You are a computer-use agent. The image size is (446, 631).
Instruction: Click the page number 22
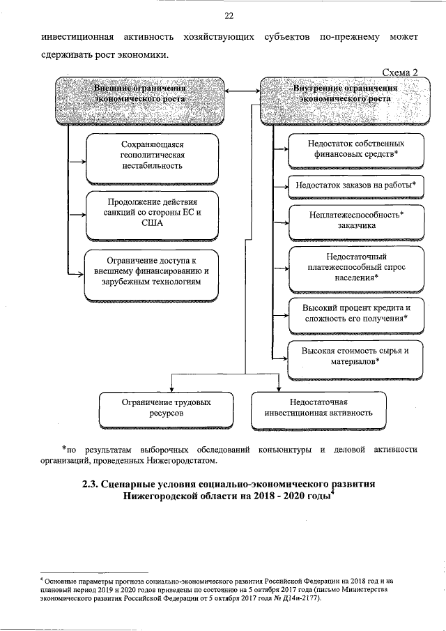229,17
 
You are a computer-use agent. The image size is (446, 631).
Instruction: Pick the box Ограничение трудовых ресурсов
164,408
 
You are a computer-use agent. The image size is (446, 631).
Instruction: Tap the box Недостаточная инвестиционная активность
318,408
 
